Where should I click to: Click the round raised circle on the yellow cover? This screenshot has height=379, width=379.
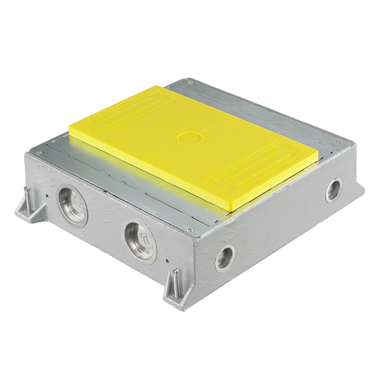click(x=189, y=138)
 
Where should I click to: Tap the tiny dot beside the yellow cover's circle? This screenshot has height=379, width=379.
click(x=204, y=131)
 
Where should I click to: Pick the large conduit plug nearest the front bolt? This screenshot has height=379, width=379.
click(x=140, y=242)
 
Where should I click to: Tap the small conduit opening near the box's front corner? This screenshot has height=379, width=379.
click(x=225, y=258)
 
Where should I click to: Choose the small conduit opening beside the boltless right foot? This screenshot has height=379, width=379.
click(x=333, y=190)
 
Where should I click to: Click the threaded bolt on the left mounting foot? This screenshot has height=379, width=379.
click(x=27, y=200)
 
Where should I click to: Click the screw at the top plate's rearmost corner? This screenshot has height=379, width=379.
click(x=190, y=82)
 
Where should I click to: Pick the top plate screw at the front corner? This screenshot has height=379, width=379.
click(x=190, y=229)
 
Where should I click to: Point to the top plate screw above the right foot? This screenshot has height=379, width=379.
click(x=339, y=141)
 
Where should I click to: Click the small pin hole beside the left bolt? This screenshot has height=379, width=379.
click(x=47, y=196)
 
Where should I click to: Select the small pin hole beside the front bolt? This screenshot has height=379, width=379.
click(x=167, y=261)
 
